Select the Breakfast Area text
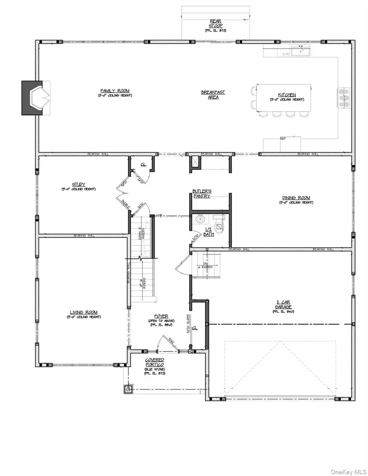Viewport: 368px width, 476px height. click(x=213, y=94)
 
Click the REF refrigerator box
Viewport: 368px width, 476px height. click(x=282, y=144)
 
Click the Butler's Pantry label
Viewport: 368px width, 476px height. click(x=202, y=193)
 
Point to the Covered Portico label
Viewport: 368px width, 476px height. click(x=155, y=362)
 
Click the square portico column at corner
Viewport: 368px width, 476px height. click(x=129, y=389)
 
